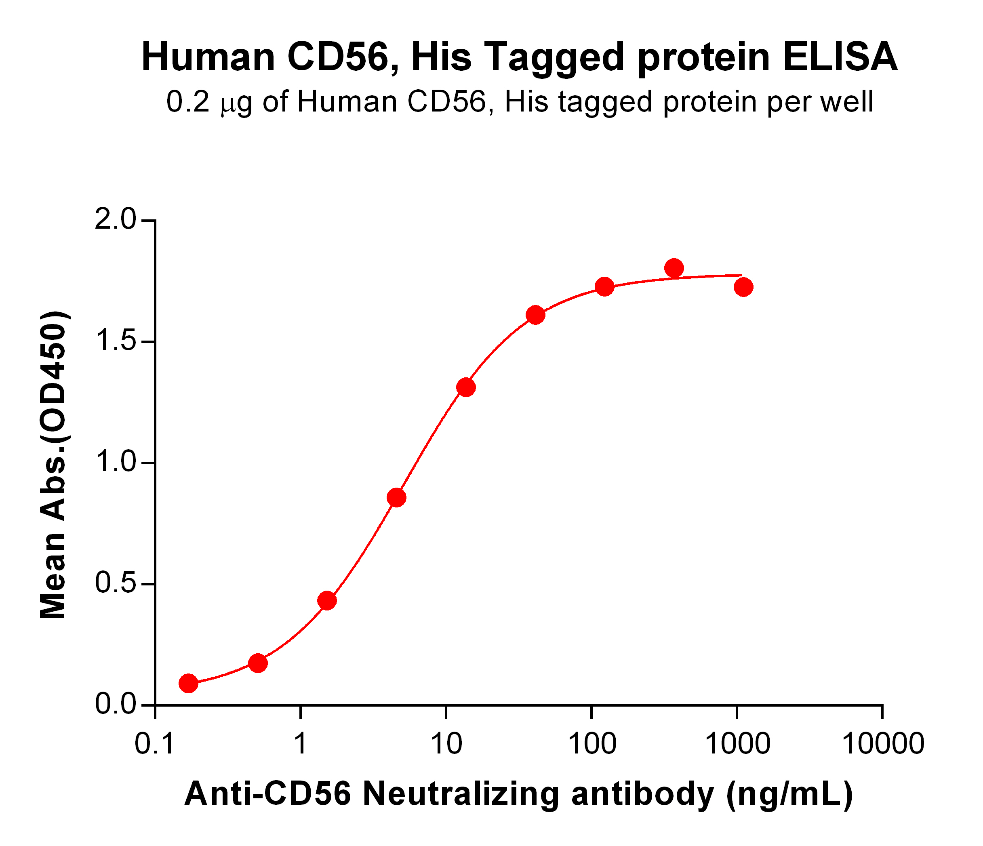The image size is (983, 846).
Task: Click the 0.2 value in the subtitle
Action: [188, 102]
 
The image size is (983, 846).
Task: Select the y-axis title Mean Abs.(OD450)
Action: [53, 465]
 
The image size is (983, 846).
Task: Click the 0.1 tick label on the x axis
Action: [155, 743]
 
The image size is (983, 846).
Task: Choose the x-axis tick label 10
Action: [446, 743]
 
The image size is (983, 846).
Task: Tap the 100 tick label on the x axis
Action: [591, 743]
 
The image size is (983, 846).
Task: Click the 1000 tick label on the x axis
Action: [737, 743]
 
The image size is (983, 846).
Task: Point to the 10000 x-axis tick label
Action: [882, 743]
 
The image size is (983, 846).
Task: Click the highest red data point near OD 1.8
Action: [674, 268]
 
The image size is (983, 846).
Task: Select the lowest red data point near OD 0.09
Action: [188, 683]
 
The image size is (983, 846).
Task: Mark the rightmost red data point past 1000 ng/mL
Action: [743, 287]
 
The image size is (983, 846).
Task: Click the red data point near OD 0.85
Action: [396, 498]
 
